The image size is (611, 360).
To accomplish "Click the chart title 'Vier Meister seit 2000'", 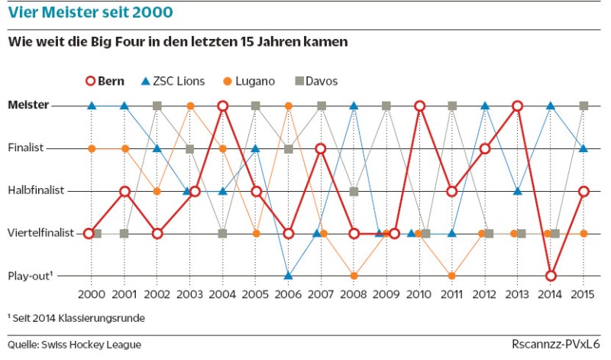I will point(90,13).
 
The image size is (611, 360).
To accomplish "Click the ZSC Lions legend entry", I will point(171,81).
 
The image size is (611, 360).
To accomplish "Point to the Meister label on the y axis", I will point(29,105).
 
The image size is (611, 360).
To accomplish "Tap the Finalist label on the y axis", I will point(27,148).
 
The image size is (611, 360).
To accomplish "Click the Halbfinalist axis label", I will point(35,191).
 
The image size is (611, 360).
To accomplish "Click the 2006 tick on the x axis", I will point(288,294).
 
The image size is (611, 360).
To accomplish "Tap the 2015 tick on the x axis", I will point(583,294).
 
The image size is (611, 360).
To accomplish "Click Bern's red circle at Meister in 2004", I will point(223,105).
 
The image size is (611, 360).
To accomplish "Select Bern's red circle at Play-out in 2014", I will point(551,275).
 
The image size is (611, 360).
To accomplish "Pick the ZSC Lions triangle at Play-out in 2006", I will point(288,275).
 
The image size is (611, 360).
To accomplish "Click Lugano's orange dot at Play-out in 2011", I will point(452,275).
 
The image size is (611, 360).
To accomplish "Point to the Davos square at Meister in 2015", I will point(584,105).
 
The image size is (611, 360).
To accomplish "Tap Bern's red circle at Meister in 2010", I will point(419,105).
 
